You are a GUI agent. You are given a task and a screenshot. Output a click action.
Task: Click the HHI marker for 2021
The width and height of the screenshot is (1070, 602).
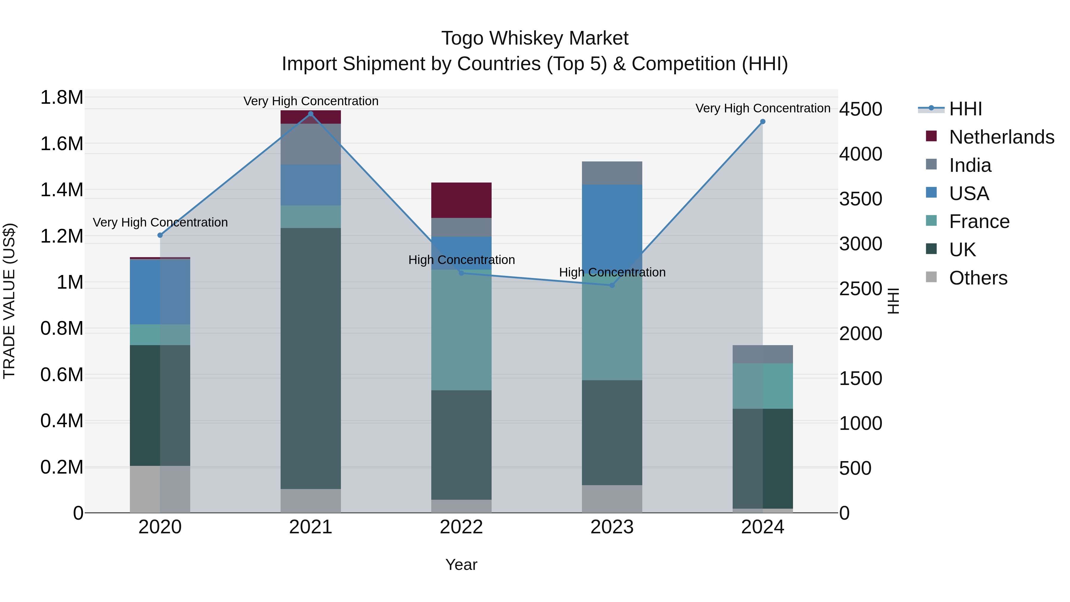(310, 114)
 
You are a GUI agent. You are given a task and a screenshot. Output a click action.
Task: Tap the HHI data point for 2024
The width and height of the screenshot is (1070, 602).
(763, 122)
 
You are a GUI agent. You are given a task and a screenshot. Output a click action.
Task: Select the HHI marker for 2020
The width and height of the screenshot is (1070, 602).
(160, 235)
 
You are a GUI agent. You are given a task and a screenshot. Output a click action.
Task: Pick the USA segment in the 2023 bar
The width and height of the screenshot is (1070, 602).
(612, 220)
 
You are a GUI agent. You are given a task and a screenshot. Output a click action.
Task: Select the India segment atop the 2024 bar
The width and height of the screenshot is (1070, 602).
(763, 354)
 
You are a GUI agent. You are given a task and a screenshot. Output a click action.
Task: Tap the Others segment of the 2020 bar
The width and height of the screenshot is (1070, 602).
(160, 489)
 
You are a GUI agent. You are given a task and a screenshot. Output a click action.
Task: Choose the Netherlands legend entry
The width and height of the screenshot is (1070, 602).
(1001, 137)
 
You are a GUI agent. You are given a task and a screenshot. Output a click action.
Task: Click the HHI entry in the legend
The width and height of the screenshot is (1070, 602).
(965, 109)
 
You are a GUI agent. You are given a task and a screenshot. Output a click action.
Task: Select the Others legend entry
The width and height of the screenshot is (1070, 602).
(978, 278)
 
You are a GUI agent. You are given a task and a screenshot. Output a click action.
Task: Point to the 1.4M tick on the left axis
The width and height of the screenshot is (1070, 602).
(62, 190)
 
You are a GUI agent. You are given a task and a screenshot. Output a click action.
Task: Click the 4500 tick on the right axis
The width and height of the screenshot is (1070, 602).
(860, 109)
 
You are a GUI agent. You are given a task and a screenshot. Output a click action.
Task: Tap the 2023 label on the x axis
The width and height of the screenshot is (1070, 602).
(612, 527)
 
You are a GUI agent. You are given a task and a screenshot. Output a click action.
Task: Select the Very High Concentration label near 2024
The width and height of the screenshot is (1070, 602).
(763, 108)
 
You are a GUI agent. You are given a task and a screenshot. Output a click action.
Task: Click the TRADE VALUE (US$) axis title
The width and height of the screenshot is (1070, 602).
(9, 301)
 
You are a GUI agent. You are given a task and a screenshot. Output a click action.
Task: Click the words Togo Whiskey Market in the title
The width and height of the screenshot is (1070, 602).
(535, 38)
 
